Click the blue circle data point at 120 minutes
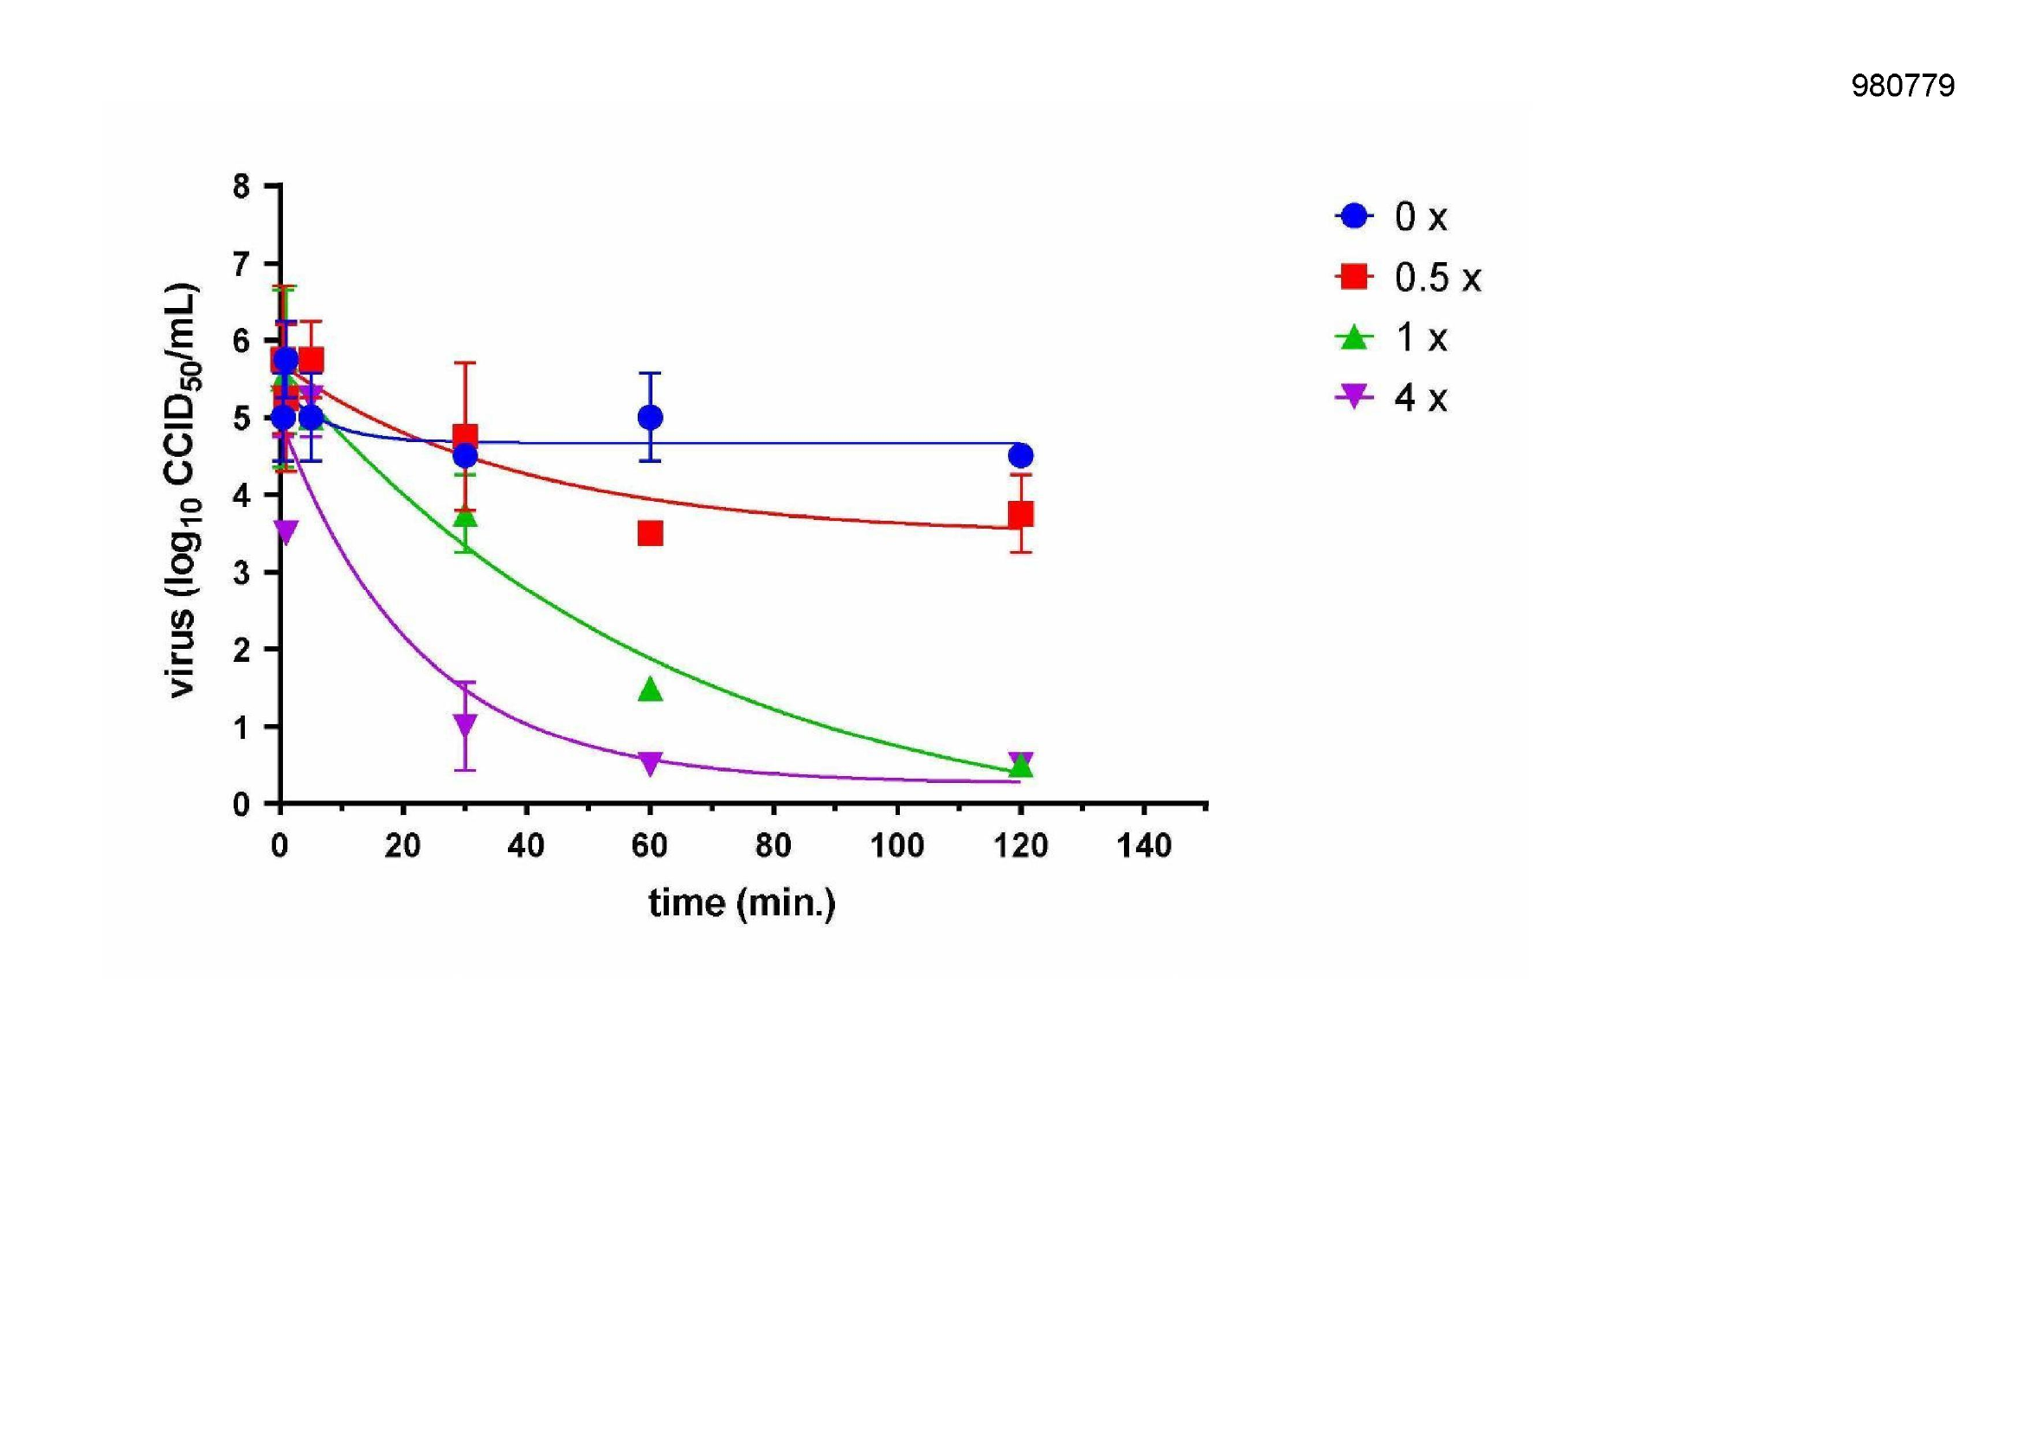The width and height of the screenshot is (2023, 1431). click(1021, 456)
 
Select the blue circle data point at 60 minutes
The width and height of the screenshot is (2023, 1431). click(651, 417)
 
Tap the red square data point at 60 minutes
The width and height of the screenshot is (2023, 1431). click(651, 533)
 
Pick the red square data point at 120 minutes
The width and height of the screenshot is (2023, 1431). click(1021, 514)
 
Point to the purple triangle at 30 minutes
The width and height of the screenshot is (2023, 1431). click(466, 725)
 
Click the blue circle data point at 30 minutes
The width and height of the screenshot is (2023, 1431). click(466, 456)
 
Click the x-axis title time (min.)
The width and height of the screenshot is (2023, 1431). click(742, 903)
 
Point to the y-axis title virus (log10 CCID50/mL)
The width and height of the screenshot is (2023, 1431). click(183, 491)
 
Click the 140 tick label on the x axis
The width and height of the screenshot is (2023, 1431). click(1144, 847)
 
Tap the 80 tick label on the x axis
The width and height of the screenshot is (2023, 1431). click(773, 847)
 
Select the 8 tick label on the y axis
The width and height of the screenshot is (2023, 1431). click(241, 187)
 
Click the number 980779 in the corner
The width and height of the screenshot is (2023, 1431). click(1902, 86)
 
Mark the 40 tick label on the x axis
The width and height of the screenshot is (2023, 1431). click(526, 847)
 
